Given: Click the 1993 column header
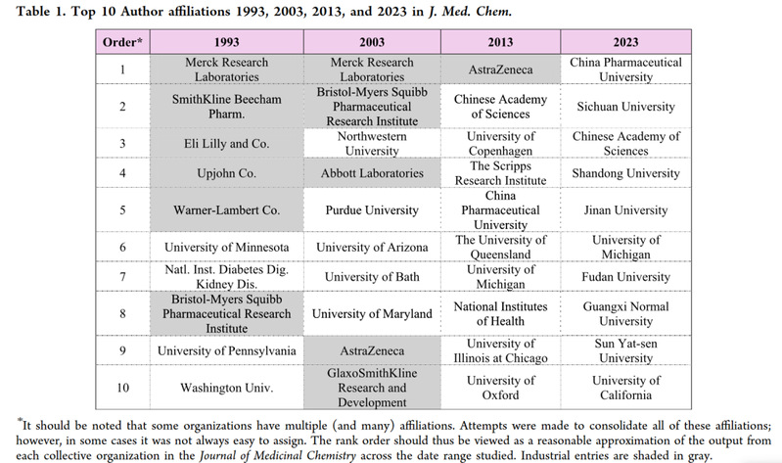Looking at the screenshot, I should pyautogui.click(x=227, y=43).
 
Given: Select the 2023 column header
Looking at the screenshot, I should pyautogui.click(x=625, y=43).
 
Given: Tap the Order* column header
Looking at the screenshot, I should pyautogui.click(x=122, y=43).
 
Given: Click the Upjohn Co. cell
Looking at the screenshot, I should pyautogui.click(x=227, y=172).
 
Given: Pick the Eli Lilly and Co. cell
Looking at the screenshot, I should pyautogui.click(x=227, y=143).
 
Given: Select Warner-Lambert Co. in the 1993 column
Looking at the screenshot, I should pyautogui.click(x=227, y=209).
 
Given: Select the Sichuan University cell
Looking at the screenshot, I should pyautogui.click(x=625, y=106).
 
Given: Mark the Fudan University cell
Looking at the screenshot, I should pyautogui.click(x=625, y=277).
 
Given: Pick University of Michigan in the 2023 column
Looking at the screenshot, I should pyautogui.click(x=625, y=247).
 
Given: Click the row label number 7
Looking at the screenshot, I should pyautogui.click(x=122, y=277).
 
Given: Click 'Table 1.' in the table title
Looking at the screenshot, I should pyautogui.click(x=35, y=11).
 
